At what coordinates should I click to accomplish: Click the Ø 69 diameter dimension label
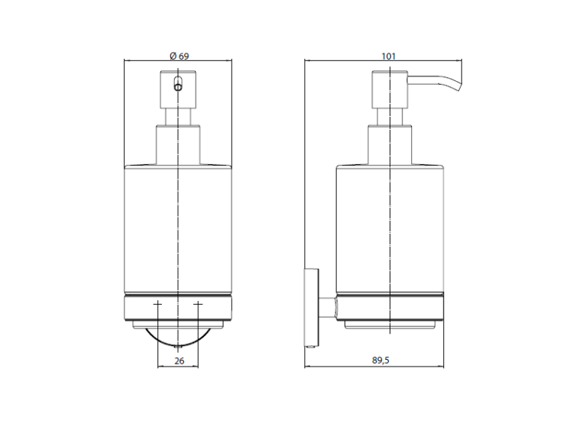point(179,56)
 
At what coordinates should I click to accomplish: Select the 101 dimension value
point(388,57)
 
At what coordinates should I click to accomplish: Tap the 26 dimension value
point(179,361)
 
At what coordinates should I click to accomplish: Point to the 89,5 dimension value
point(380,360)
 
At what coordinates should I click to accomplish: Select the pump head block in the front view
point(178,89)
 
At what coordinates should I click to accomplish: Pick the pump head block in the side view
point(390,89)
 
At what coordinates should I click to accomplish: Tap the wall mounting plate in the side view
point(312,307)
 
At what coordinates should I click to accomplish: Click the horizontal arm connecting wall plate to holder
point(328,307)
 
